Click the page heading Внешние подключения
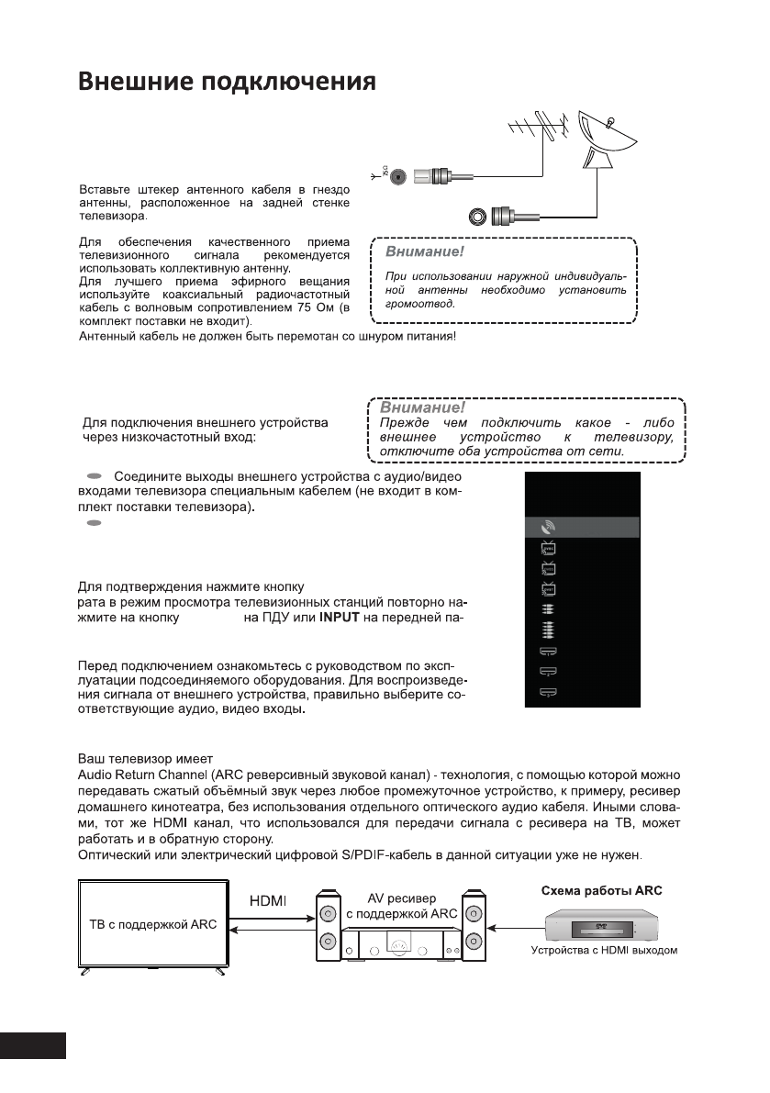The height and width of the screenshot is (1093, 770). [x=227, y=82]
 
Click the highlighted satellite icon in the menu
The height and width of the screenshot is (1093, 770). [x=549, y=528]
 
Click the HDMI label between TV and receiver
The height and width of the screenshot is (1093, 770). [x=269, y=901]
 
